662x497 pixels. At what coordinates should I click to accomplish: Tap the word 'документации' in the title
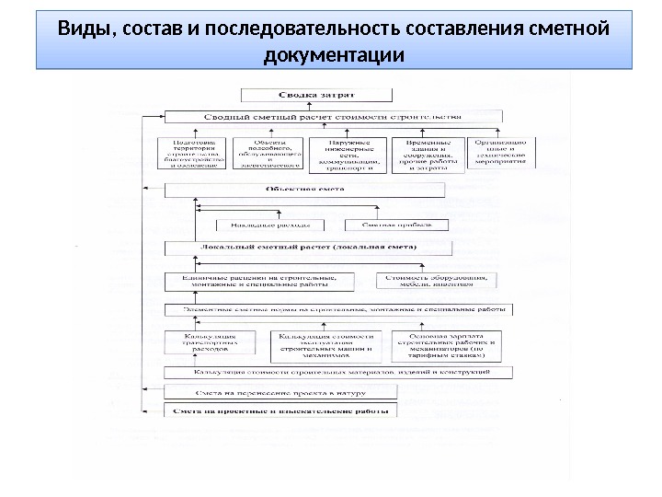tap(333, 56)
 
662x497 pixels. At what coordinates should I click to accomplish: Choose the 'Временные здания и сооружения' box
tap(425, 155)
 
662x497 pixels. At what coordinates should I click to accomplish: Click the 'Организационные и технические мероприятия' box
tap(500, 153)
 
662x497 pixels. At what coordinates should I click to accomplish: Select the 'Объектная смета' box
tap(304, 189)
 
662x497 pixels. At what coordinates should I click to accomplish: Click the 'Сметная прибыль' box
tap(397, 223)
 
